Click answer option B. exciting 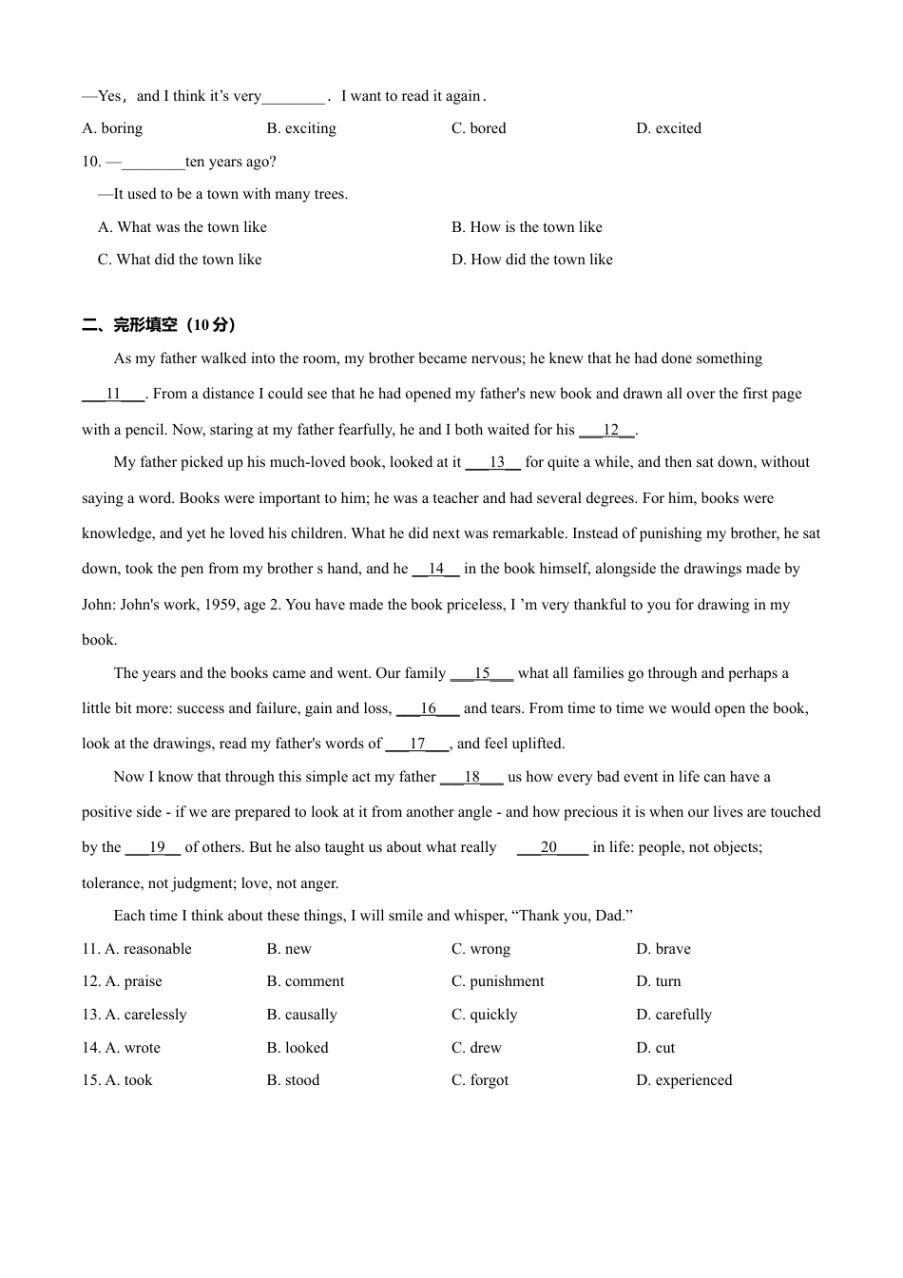(301, 128)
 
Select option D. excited (668, 128)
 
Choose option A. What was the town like (183, 227)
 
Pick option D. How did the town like (531, 260)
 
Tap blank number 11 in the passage (113, 394)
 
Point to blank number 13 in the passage (496, 462)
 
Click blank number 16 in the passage (428, 708)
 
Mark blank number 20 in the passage (548, 847)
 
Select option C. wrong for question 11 (481, 949)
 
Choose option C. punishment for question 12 (498, 981)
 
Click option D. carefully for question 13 (674, 1015)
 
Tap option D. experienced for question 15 (684, 1080)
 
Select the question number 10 (91, 162)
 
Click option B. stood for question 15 (293, 1080)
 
